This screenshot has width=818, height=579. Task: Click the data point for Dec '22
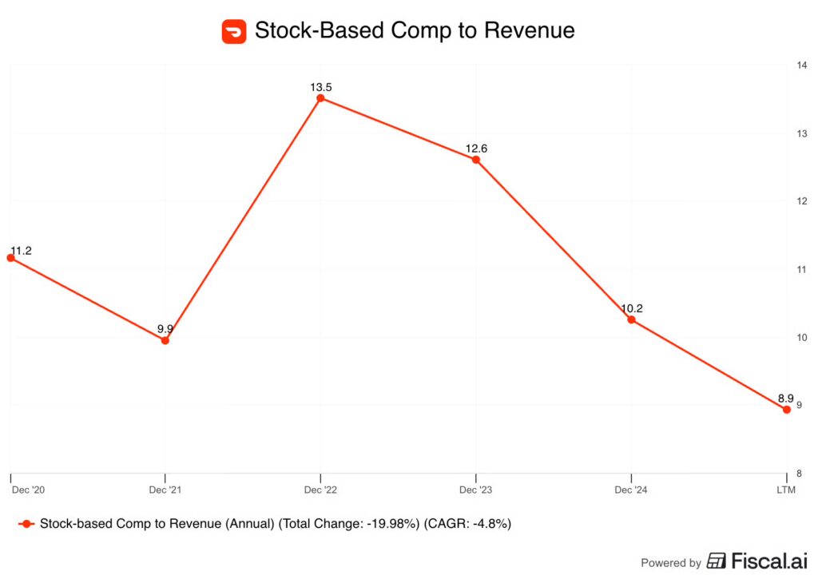[320, 98]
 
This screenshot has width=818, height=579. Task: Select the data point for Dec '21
[165, 340]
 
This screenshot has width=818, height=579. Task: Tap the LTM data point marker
[787, 410]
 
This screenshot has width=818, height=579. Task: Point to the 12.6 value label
[477, 148]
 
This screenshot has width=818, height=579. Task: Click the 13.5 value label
[321, 86]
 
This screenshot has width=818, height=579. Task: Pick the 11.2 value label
[21, 251]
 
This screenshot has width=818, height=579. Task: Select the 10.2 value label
[632, 308]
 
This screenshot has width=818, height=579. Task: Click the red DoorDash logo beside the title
[234, 31]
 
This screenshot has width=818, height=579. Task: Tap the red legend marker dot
[27, 524]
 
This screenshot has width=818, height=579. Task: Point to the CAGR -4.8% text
[468, 524]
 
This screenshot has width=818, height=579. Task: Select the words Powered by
[671, 562]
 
